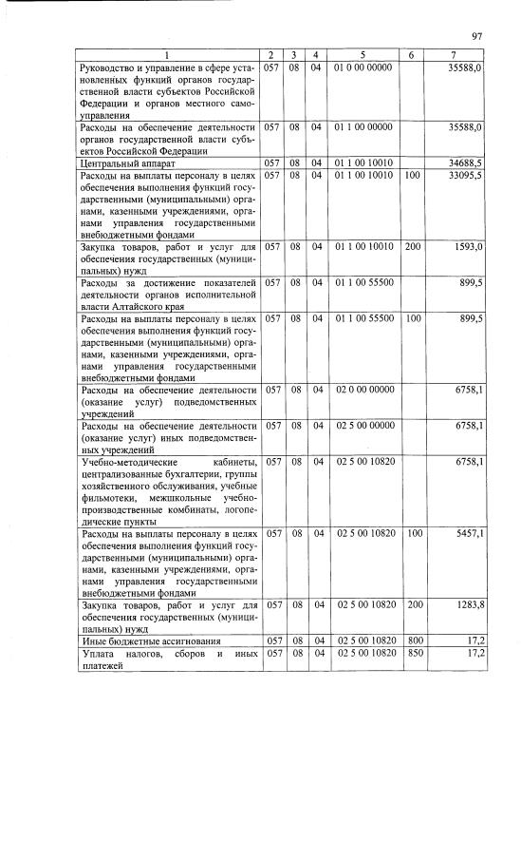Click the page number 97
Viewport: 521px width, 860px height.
point(476,37)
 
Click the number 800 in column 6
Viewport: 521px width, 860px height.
point(412,640)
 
